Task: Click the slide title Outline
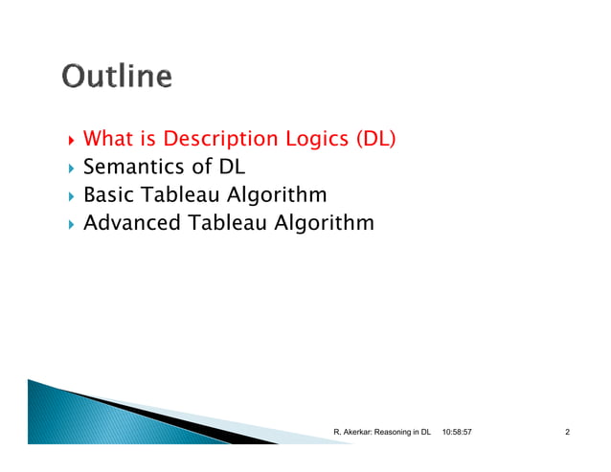tap(118, 77)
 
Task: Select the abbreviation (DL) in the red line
tap(375, 140)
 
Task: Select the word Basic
tap(108, 195)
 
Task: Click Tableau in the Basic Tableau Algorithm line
tap(181, 195)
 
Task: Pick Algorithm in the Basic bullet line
tap(279, 195)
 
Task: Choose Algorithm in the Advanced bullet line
tap(324, 223)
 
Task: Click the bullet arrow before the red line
tap(68, 141)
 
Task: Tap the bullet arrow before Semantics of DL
tap(68, 169)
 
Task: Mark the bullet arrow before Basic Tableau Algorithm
tap(68, 196)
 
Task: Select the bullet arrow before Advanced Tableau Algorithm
tap(68, 224)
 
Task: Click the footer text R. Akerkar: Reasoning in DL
tap(381, 434)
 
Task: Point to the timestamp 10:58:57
tap(457, 434)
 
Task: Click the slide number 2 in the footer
tap(568, 434)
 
